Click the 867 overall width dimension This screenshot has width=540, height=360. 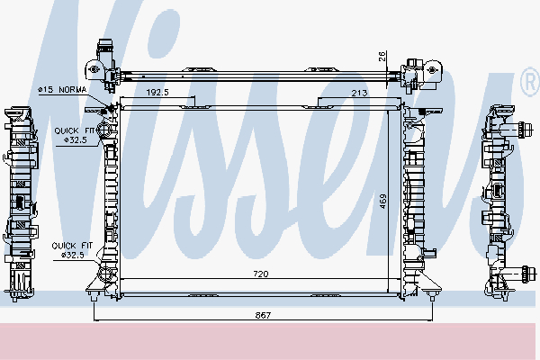click(264, 315)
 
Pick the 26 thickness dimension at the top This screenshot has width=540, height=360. click(382, 56)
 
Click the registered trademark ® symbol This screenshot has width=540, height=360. click(529, 84)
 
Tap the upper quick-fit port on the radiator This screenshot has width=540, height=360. click(104, 131)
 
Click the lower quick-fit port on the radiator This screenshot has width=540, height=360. click(104, 274)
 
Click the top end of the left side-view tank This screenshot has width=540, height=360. click(19, 112)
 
